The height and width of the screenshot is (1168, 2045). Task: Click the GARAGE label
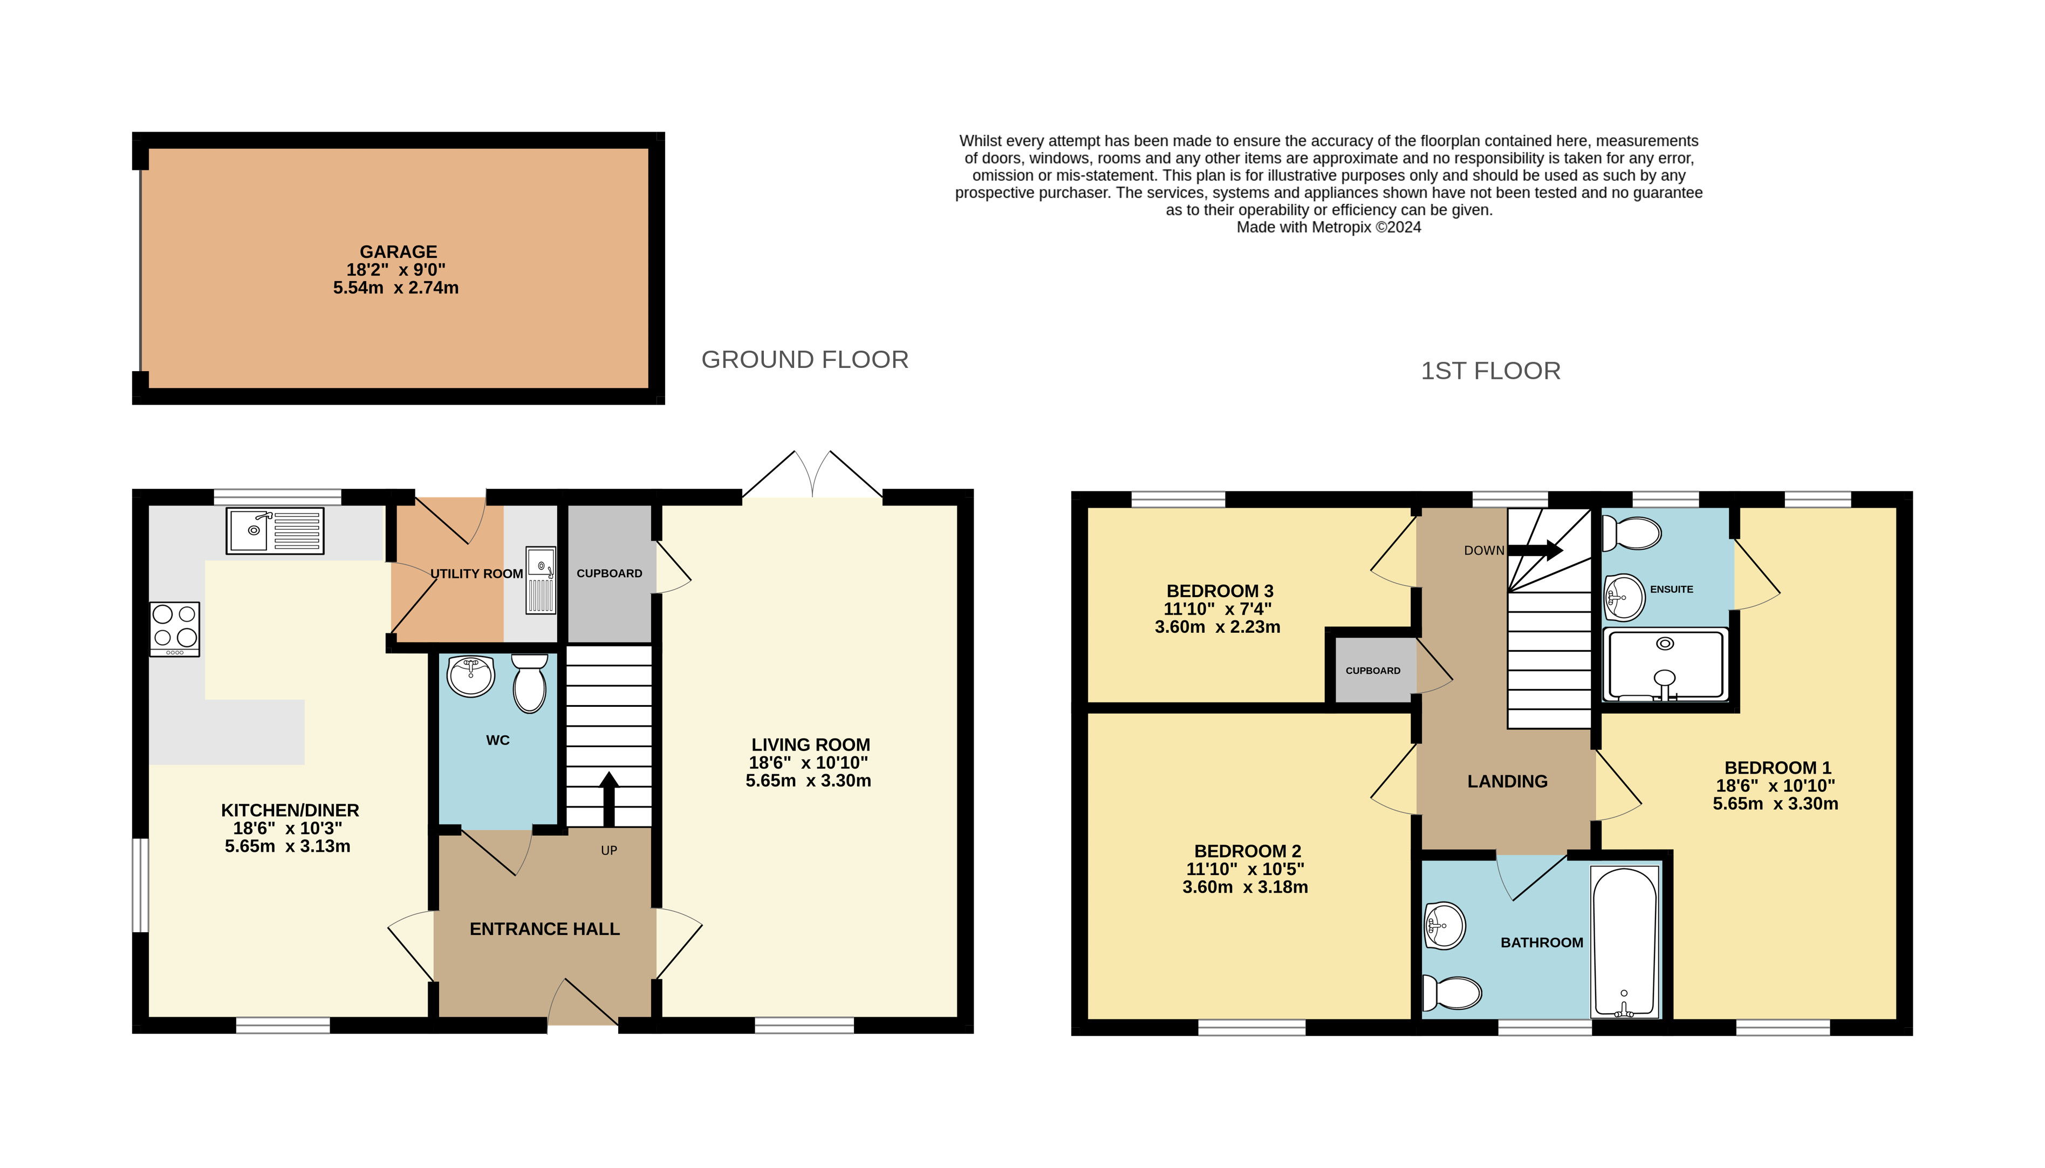[398, 252]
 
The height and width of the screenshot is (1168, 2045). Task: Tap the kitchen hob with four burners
[175, 629]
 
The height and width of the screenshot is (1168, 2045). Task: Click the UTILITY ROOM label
[476, 573]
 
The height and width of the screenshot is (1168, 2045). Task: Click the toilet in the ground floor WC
[529, 682]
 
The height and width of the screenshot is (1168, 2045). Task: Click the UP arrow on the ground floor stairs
[608, 799]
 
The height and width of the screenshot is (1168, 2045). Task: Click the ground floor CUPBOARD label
[610, 573]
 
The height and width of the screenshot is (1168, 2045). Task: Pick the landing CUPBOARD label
[1373, 671]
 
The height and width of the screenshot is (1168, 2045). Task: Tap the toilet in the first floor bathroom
[1452, 993]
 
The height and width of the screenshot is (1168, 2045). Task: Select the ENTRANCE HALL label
[544, 929]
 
